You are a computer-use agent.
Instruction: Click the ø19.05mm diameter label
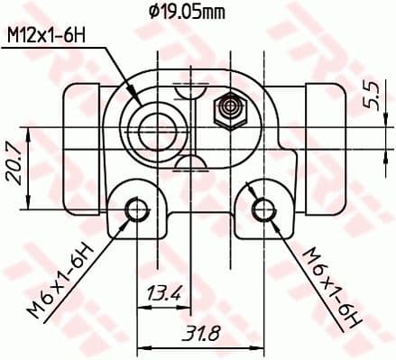coord(188,12)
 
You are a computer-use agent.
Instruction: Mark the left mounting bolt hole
coord(137,209)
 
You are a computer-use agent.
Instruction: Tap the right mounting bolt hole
coord(263,209)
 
